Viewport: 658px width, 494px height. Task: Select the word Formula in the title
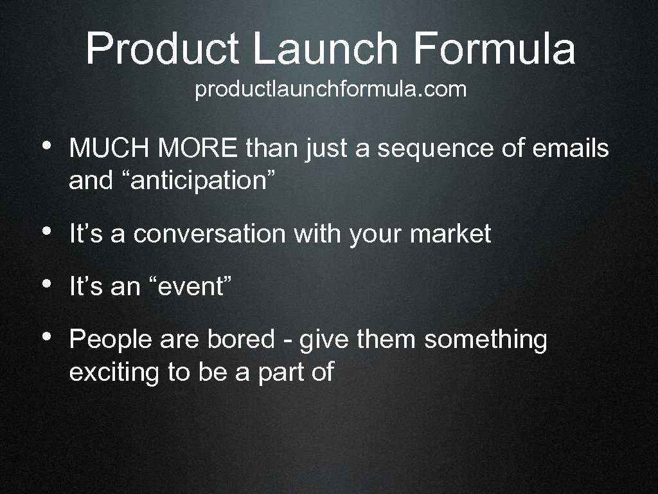coord(494,50)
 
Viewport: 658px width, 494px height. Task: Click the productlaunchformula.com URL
coord(331,90)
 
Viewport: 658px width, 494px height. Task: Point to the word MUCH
coord(109,149)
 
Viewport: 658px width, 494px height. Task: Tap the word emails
coord(571,149)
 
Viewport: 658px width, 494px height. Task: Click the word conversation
coord(209,234)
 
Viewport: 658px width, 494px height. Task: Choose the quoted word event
coord(190,287)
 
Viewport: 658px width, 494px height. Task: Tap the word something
coord(485,340)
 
